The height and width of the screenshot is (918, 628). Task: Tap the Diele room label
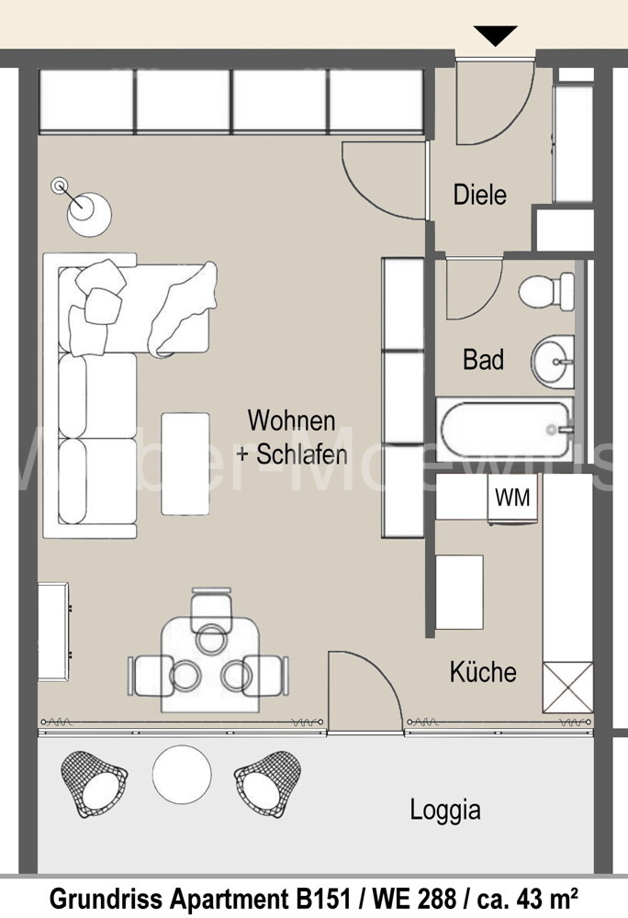pos(479,195)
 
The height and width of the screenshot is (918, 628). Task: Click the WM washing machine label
pos(512,498)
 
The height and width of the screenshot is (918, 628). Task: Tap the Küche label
pos(483,672)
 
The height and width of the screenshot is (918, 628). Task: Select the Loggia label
pos(444,810)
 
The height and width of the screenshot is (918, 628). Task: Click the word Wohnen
pos(291,420)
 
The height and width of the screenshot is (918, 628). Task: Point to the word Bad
pos(483,359)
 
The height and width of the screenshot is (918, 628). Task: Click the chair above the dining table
pos(211,608)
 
